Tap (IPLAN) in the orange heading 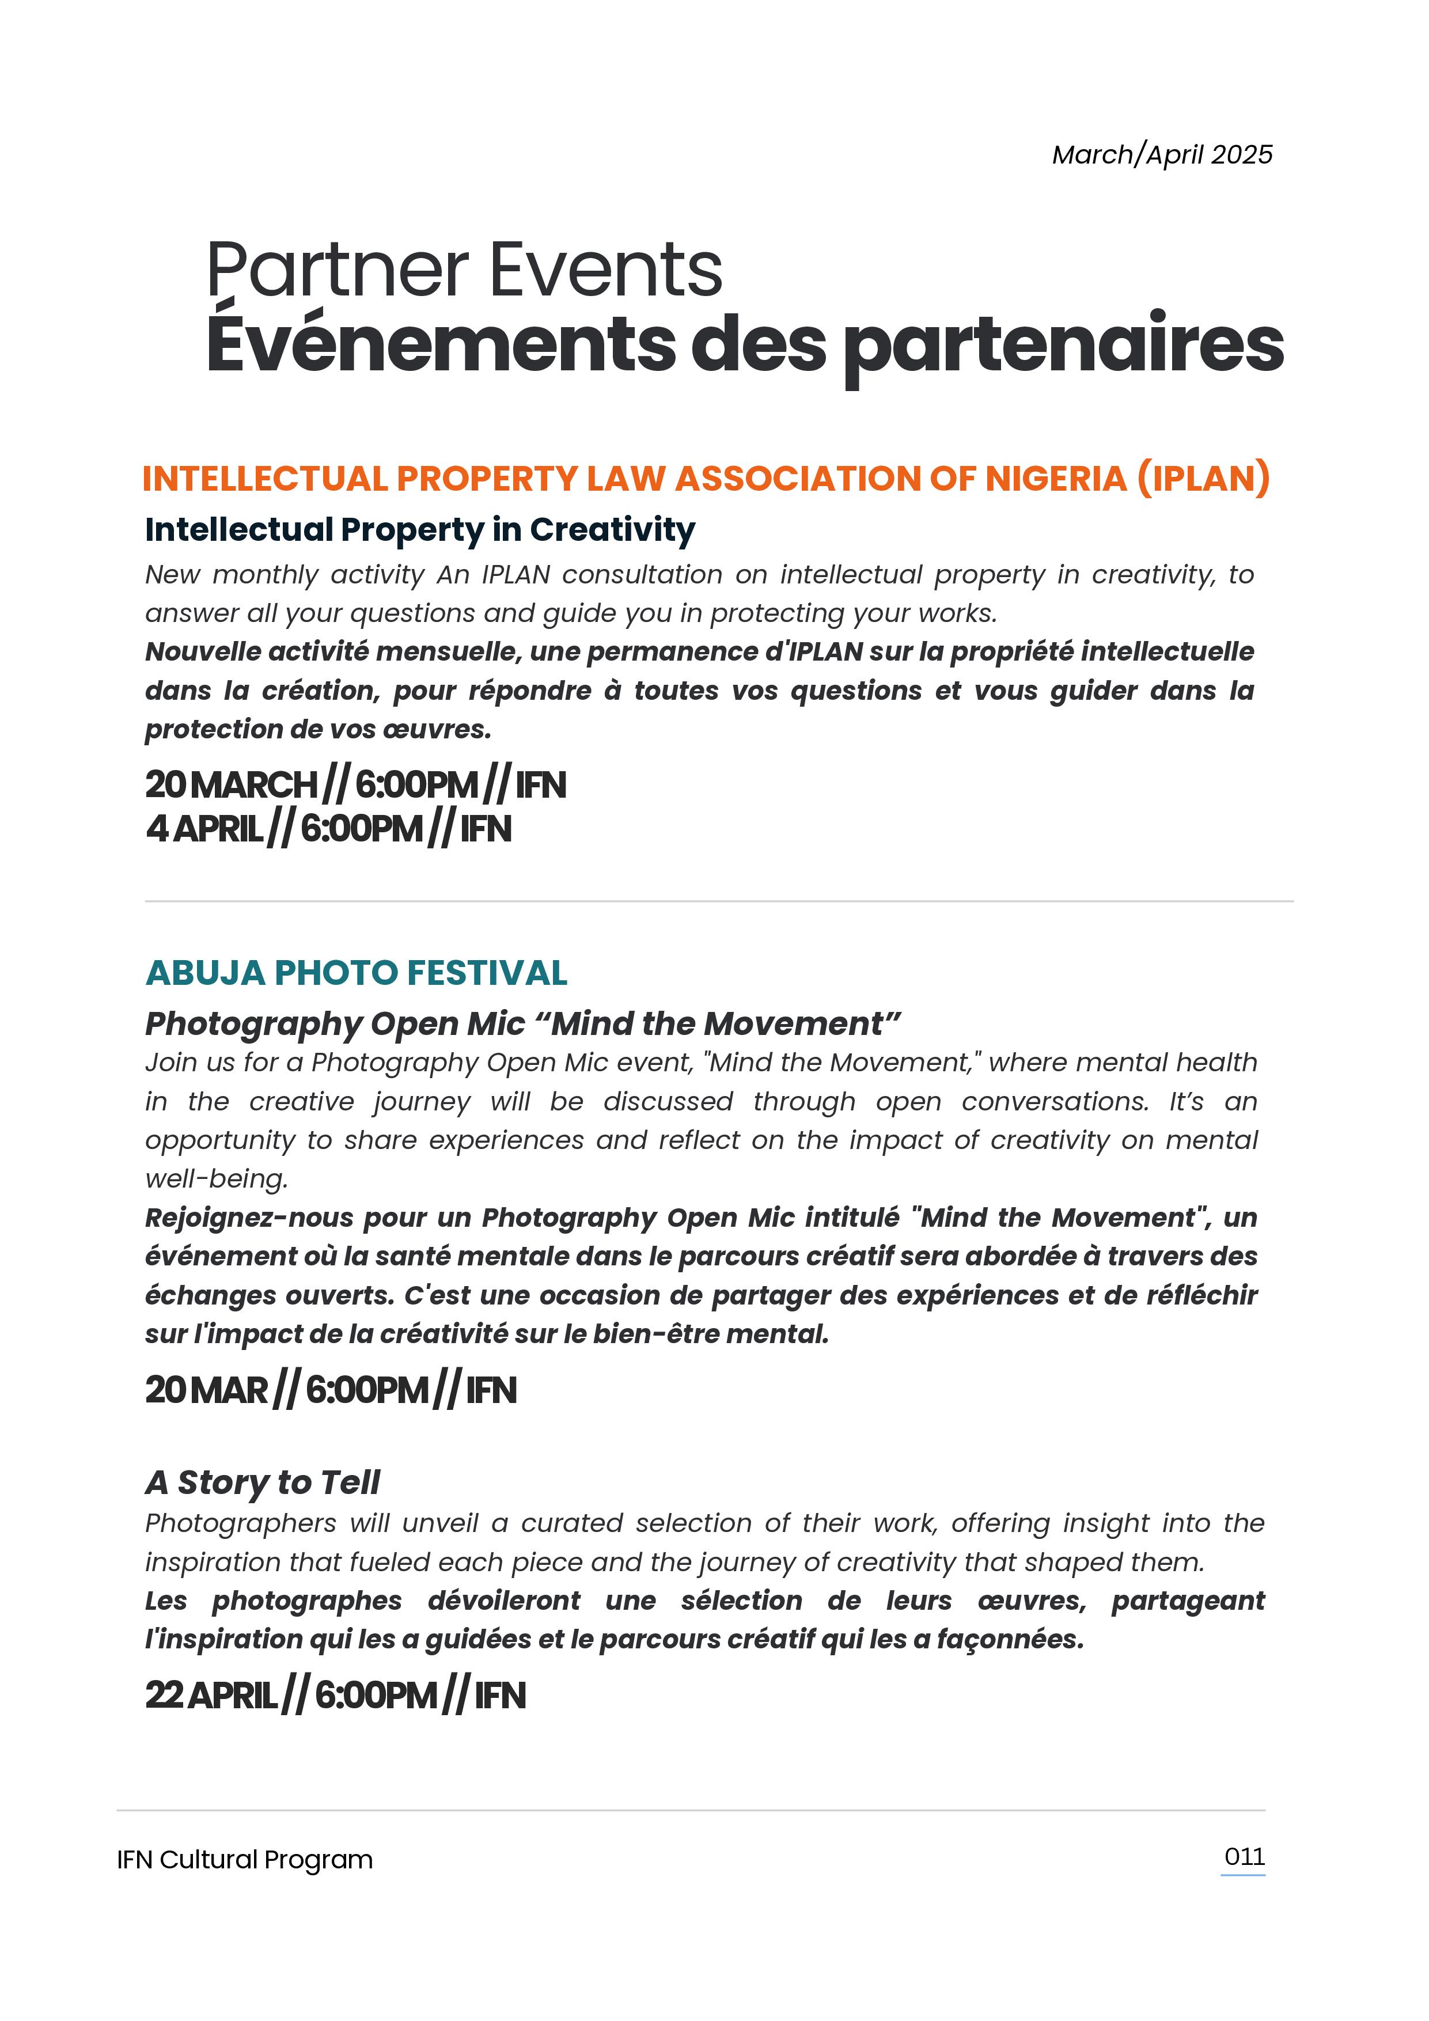coord(1203,478)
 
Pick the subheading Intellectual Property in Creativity coord(420,530)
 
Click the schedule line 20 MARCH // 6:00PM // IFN coord(355,784)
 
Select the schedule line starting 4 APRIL coord(328,829)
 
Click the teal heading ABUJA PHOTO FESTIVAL coord(356,973)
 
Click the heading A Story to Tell coord(263,1482)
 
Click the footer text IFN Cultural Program coord(245,1860)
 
